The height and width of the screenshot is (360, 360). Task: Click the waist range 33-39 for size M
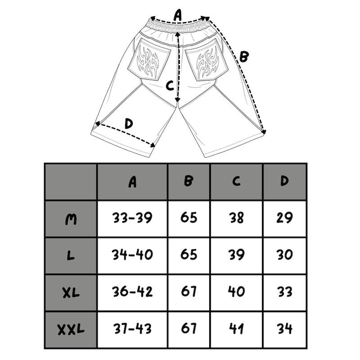pos(132,218)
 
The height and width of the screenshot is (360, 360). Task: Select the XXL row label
pos(71,329)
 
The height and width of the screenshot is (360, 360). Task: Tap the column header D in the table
pos(284,181)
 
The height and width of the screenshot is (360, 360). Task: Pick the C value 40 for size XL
pos(237,292)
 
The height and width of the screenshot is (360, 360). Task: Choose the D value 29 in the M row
pos(284,218)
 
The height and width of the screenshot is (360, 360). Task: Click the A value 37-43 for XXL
pos(132,328)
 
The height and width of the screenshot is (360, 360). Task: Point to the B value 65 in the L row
pos(189,255)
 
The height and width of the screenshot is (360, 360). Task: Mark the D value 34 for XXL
pos(285,328)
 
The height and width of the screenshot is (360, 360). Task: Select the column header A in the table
pos(132,182)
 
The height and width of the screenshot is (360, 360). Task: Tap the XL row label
pos(71,292)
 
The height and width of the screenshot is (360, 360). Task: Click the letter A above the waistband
pos(178,15)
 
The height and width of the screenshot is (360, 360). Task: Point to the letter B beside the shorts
pos(243,57)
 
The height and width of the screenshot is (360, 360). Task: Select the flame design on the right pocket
pos(207,62)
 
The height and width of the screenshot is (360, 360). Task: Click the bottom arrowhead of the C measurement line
pos(177,99)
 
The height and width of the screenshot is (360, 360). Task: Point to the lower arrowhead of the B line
pos(264,131)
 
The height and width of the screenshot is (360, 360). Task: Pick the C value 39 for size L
pos(237,255)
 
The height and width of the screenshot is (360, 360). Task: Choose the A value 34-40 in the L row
pos(132,255)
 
